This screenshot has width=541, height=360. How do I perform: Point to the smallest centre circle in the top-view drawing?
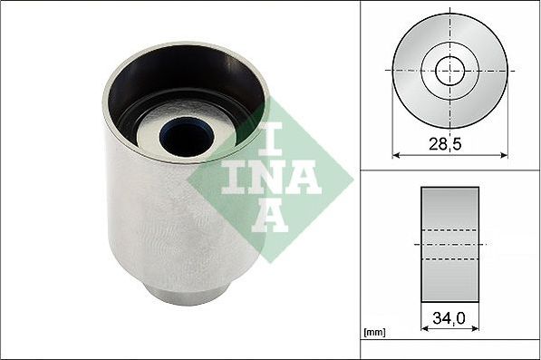[450, 70]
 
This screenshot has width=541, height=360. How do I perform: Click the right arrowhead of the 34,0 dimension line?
[476, 329]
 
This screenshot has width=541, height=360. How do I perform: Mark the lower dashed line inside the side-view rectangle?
[450, 260]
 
